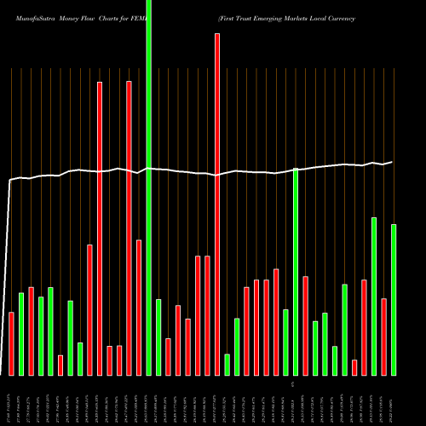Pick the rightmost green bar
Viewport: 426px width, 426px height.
point(394,299)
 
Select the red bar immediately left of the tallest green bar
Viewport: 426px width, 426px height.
point(139,308)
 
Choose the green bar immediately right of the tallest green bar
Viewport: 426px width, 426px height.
point(158,337)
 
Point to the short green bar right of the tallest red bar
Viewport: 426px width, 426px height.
point(227,365)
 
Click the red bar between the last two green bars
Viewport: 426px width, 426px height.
point(383,337)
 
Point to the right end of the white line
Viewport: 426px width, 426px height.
point(392,162)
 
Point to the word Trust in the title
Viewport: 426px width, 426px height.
point(244,17)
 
